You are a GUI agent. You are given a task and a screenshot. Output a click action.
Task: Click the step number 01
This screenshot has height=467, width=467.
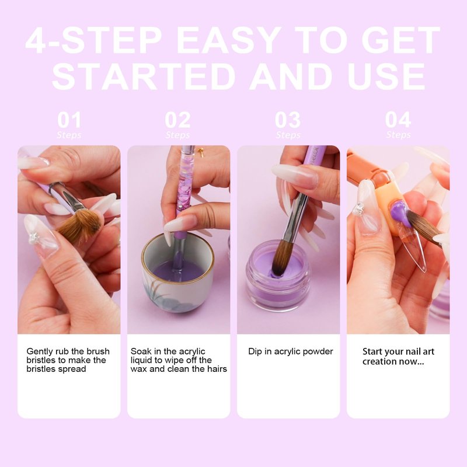click(x=69, y=120)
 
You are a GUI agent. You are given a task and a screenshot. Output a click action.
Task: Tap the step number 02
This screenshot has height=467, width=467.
click(x=178, y=120)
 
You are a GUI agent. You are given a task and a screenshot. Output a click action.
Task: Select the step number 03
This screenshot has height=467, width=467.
click(x=288, y=120)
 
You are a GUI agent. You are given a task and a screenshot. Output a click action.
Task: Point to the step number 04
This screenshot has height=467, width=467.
click(x=398, y=120)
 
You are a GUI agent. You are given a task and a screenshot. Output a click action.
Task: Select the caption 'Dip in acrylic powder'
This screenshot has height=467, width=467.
click(x=290, y=351)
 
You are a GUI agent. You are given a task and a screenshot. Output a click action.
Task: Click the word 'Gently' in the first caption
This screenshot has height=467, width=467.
click(x=40, y=352)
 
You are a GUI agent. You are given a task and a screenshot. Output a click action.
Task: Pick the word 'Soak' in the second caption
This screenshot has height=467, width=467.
click(x=141, y=351)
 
